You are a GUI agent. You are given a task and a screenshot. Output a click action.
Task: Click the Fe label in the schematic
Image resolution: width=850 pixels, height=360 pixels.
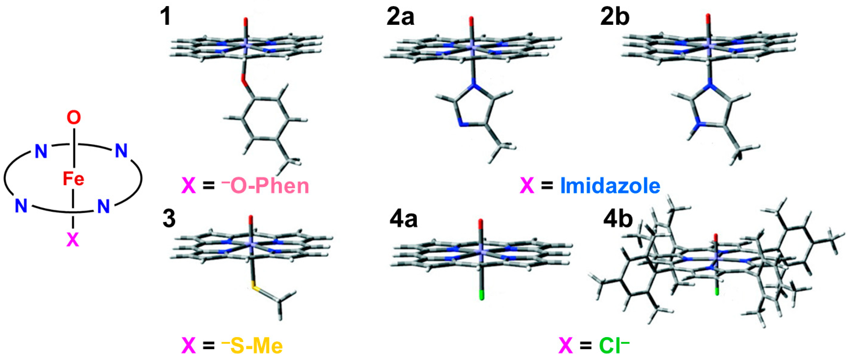tap(74, 179)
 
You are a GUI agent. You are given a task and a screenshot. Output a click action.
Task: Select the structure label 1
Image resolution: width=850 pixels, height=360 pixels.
tap(165, 17)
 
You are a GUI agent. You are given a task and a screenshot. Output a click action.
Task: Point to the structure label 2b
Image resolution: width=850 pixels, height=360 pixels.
tap(615, 17)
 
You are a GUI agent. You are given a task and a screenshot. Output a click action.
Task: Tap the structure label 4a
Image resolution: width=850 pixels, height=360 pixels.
tap(403, 220)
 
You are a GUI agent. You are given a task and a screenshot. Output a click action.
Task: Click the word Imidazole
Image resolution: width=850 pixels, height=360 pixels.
tap(611, 186)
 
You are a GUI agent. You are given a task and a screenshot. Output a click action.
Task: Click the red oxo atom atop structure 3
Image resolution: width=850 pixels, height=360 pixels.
tap(251, 220)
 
